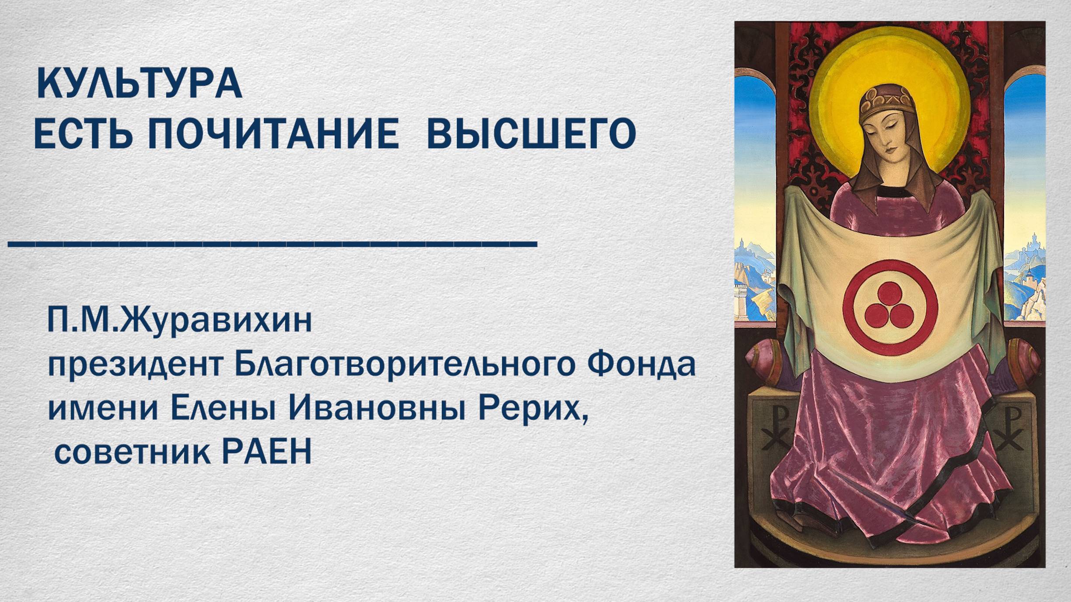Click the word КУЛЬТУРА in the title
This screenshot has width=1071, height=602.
(139, 84)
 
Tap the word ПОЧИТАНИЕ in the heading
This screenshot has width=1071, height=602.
(273, 133)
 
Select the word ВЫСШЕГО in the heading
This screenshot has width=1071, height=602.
(531, 133)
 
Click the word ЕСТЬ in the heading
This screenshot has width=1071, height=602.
(83, 133)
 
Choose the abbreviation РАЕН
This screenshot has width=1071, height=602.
(267, 452)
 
